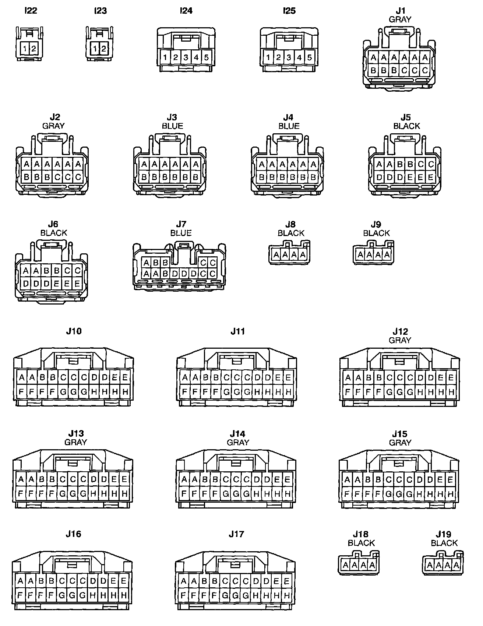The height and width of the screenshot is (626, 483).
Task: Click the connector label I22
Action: [x=31, y=10]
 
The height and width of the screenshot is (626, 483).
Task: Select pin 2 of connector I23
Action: [x=103, y=49]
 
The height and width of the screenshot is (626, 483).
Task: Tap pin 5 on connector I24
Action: [x=206, y=57]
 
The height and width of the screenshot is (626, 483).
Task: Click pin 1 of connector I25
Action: [x=268, y=57]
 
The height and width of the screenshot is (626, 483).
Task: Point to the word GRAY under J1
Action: [x=400, y=19]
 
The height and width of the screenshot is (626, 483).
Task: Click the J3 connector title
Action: [x=172, y=117]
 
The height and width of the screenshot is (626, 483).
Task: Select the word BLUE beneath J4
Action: [x=289, y=126]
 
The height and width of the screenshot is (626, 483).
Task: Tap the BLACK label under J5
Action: [x=406, y=126]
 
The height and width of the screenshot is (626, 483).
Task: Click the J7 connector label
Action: [x=181, y=224]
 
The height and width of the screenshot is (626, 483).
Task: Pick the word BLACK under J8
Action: [x=291, y=233]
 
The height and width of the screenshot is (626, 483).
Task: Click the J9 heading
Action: [x=376, y=224]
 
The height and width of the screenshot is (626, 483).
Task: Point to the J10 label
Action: [x=74, y=331]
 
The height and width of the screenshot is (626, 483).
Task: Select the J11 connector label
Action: [x=237, y=331]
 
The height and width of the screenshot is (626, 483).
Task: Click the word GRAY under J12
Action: [x=400, y=340]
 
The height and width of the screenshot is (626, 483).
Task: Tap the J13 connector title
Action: [x=76, y=433]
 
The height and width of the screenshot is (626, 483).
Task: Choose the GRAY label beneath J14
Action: [x=238, y=442]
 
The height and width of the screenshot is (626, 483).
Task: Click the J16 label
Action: [x=73, y=534]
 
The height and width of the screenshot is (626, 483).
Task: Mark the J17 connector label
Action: [x=236, y=534]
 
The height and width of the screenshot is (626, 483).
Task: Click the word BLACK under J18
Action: [x=361, y=543]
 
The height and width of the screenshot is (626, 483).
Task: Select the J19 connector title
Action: [x=444, y=534]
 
